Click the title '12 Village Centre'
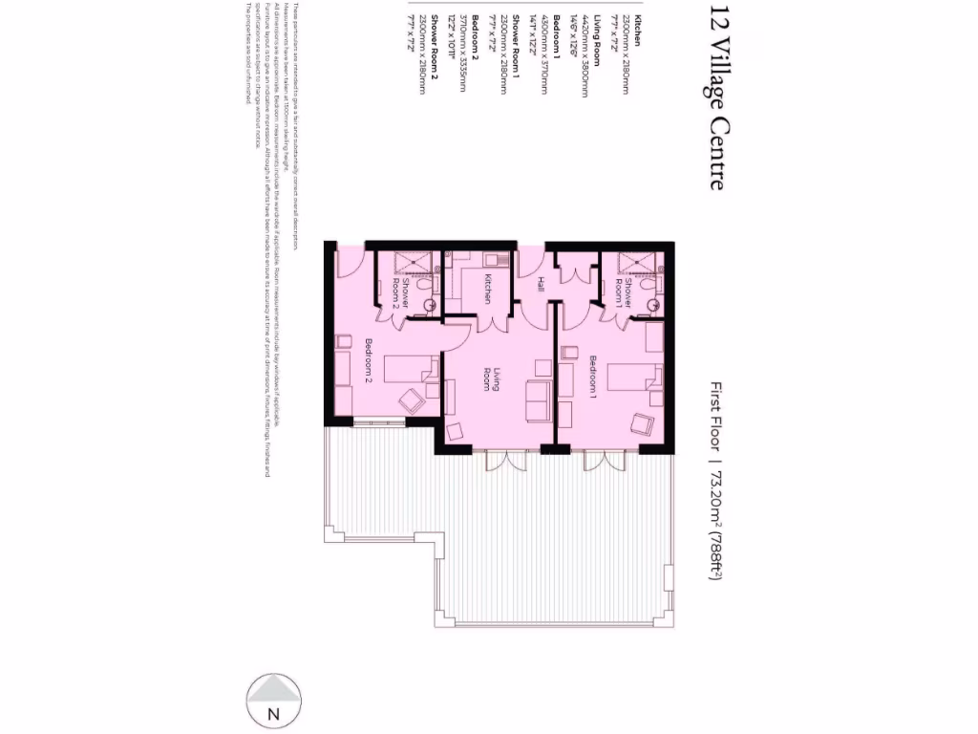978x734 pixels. click(x=717, y=98)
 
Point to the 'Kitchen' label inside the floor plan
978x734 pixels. click(x=487, y=289)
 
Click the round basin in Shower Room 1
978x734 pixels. click(x=655, y=305)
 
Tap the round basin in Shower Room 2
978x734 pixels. click(x=429, y=307)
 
